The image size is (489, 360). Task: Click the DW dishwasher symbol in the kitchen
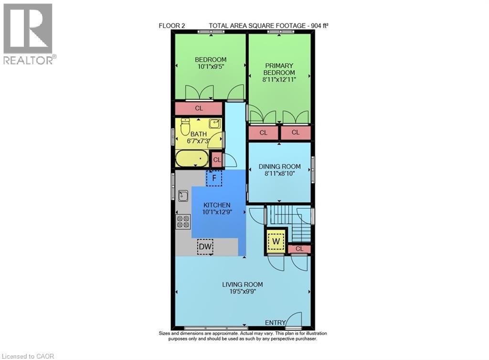coord(205,247)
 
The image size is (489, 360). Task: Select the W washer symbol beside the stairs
coord(276,241)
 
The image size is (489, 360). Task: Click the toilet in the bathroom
coord(186,127)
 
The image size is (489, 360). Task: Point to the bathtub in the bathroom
coord(191,159)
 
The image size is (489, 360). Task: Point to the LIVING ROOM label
coord(243,285)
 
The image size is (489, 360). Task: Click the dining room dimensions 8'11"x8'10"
coord(280,174)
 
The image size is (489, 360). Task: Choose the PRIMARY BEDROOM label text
coord(279,69)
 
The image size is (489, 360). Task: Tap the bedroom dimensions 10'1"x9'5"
coord(211,67)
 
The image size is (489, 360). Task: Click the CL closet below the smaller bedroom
coord(199,108)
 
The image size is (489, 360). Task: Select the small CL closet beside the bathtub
coord(217,159)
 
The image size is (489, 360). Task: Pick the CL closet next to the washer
coord(299,249)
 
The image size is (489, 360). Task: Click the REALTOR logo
coord(29,33)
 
